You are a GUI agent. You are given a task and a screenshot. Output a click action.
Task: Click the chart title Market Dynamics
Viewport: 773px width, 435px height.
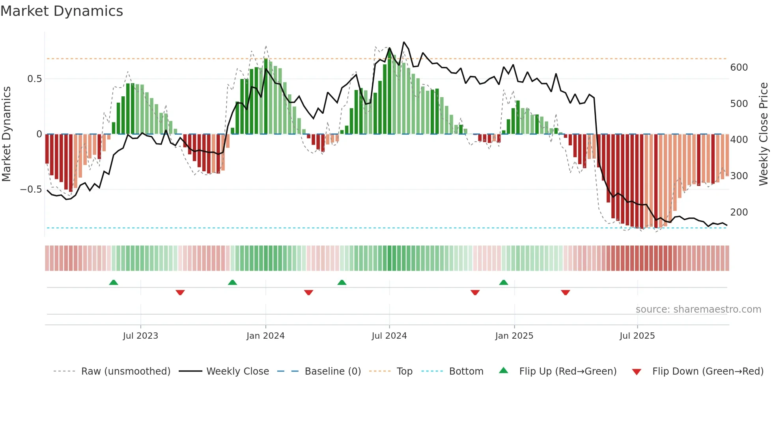point(62,11)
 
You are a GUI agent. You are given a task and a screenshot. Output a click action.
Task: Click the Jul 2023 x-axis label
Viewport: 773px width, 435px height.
point(140,336)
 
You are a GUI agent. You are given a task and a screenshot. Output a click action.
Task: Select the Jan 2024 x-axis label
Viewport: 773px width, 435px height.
point(265,336)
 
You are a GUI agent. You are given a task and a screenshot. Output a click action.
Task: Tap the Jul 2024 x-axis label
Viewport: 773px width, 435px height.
point(389,336)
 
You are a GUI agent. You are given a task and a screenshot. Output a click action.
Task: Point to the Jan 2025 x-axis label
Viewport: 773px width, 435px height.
point(514,336)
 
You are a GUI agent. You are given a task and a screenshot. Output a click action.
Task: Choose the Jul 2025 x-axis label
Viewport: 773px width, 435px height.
point(637,336)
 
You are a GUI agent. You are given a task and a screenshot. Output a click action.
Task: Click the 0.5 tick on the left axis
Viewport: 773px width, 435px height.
point(34,79)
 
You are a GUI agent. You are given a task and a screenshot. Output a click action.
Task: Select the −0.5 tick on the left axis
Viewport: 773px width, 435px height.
point(31,189)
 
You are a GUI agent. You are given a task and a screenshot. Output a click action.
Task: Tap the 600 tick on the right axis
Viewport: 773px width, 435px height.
point(739,67)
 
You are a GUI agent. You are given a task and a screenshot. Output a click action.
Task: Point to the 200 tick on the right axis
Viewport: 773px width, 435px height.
point(739,212)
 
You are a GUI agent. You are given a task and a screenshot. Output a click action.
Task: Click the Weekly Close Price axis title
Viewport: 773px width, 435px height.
point(764,134)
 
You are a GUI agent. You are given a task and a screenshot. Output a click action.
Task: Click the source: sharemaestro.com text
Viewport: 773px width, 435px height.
point(698,309)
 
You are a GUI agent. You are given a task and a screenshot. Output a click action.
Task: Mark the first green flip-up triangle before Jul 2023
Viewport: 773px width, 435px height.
point(114,282)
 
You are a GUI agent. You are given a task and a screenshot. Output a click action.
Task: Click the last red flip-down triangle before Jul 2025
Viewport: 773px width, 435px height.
point(566,292)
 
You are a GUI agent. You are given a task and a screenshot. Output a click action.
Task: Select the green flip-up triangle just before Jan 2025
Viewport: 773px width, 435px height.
point(504,282)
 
